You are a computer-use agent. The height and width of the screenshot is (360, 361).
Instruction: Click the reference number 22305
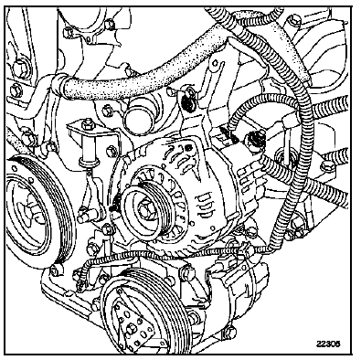328,344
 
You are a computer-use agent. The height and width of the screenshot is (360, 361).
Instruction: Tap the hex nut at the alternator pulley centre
144,210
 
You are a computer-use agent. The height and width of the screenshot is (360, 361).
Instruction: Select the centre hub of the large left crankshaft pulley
30,210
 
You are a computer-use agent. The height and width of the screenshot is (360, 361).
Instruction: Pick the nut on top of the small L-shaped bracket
87,123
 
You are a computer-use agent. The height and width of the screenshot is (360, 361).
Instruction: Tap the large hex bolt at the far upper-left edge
20,68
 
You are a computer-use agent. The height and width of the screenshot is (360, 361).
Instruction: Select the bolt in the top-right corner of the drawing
293,20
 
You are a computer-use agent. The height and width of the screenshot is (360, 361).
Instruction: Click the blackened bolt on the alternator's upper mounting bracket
189,103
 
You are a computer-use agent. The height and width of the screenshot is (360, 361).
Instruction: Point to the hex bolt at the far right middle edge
327,166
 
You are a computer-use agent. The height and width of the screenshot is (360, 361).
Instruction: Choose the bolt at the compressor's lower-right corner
230,333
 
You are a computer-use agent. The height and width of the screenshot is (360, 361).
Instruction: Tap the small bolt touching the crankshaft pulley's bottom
55,270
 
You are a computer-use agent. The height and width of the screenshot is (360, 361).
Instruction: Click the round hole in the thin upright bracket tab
216,64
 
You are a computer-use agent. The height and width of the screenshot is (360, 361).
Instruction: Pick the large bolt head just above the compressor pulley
186,273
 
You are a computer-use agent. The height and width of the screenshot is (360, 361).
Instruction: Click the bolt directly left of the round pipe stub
107,111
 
